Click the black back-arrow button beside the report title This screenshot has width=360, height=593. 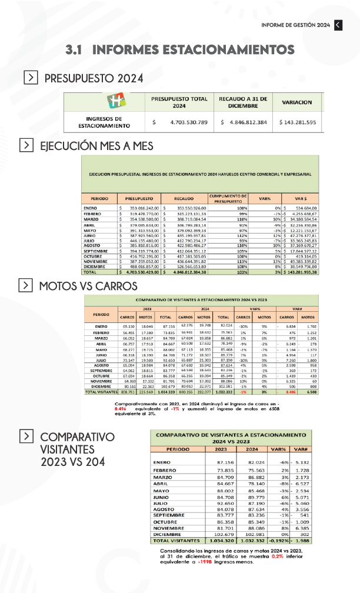(x=338, y=25)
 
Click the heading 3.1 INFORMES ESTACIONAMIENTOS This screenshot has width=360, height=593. (x=181, y=49)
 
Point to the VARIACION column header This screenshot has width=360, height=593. (x=297, y=102)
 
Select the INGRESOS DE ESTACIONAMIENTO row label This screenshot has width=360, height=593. (x=104, y=122)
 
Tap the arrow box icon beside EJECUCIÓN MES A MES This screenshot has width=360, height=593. (x=26, y=145)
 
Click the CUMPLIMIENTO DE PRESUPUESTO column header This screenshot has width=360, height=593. (x=228, y=199)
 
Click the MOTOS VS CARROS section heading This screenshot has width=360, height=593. (x=88, y=286)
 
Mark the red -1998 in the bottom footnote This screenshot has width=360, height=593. (x=212, y=562)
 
